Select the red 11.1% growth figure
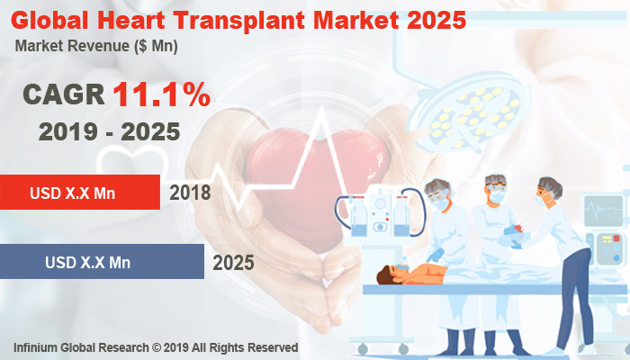point(161,94)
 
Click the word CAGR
point(63,94)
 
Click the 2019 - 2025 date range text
point(109,131)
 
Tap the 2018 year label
point(190,192)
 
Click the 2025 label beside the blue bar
point(233,263)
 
